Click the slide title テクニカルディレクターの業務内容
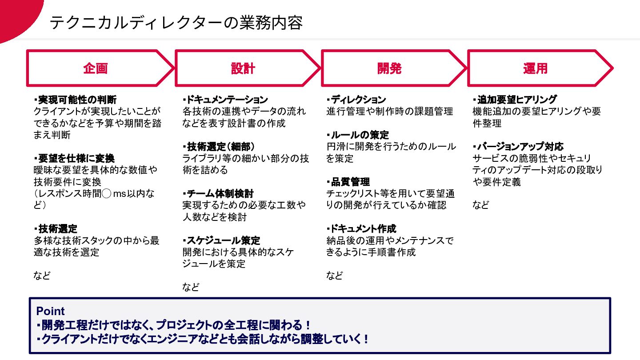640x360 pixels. (x=176, y=22)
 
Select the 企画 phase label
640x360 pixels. (x=96, y=68)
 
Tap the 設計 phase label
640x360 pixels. (x=243, y=68)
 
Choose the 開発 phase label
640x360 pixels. (x=389, y=68)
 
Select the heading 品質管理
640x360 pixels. (x=348, y=182)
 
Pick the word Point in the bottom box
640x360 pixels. (x=50, y=311)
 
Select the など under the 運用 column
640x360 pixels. (x=480, y=205)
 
